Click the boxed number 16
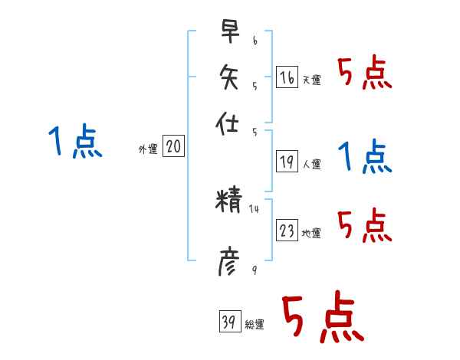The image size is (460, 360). (x=287, y=77)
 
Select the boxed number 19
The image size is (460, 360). (x=287, y=161)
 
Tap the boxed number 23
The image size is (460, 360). (x=287, y=231)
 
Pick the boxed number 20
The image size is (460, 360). (x=173, y=147)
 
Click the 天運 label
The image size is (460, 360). (x=311, y=80)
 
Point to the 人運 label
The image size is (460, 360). (x=311, y=164)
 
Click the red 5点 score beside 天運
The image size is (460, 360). (x=364, y=74)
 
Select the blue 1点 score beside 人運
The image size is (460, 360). (x=364, y=157)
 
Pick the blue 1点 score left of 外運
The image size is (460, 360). (x=75, y=143)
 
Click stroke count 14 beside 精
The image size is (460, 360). (x=255, y=208)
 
